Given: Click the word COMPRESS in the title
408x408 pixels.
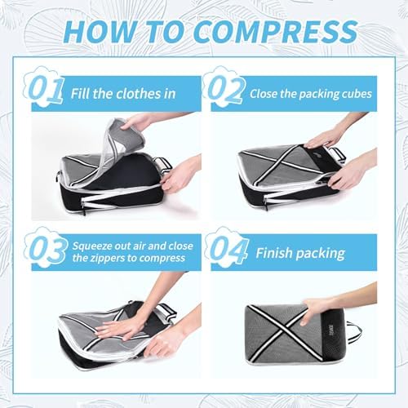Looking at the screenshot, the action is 276,31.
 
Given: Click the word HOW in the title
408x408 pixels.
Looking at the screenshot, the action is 99,31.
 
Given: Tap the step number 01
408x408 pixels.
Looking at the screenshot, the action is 47,89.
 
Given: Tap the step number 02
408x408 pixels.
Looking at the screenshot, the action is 226,89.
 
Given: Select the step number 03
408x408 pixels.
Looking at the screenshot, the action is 47,251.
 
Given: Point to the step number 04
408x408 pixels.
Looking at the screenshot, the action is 228,251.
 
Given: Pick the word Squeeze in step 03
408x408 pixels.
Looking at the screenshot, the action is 92,246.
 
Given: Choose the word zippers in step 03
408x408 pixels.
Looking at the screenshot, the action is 107,258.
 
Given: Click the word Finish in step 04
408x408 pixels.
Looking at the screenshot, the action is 274,253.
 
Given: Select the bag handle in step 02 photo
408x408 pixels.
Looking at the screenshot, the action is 337,155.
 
